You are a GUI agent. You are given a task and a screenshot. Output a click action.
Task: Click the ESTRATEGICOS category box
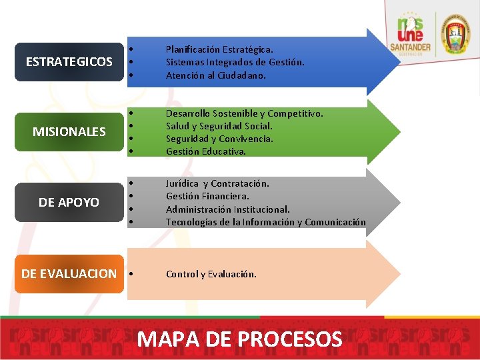[x=69, y=62]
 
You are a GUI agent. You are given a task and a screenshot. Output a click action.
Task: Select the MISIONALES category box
[x=69, y=131]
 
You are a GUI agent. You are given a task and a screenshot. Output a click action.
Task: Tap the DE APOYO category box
[x=69, y=202]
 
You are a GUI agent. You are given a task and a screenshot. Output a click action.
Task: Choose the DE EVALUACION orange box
[x=69, y=273]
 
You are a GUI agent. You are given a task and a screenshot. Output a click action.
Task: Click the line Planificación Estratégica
[x=219, y=49]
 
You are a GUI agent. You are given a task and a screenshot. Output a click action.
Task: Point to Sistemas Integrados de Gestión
[x=235, y=62]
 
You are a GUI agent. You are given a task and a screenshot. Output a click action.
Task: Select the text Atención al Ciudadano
[x=215, y=75]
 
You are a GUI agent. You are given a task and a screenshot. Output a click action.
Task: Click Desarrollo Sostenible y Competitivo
[x=244, y=113]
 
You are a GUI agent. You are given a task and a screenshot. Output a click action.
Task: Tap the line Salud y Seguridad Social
[x=219, y=126]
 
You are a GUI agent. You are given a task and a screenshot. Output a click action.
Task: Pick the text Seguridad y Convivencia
[x=219, y=139]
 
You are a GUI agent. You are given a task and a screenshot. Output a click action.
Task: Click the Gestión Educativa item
[x=205, y=151]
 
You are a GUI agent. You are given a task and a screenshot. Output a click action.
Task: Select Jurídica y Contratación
[x=217, y=183]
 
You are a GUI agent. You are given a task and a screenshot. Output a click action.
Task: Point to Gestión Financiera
[x=207, y=196]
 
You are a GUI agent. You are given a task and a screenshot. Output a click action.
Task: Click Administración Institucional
[x=227, y=209]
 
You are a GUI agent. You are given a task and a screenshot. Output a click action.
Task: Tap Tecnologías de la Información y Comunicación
[x=265, y=222]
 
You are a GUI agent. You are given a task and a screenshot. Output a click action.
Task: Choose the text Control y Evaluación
[x=211, y=274]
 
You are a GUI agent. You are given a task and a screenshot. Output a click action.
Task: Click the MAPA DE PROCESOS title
[x=239, y=339]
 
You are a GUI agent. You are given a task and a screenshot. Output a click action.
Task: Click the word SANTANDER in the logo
[x=411, y=48]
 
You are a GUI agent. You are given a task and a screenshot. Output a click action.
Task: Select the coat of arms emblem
[x=457, y=33]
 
